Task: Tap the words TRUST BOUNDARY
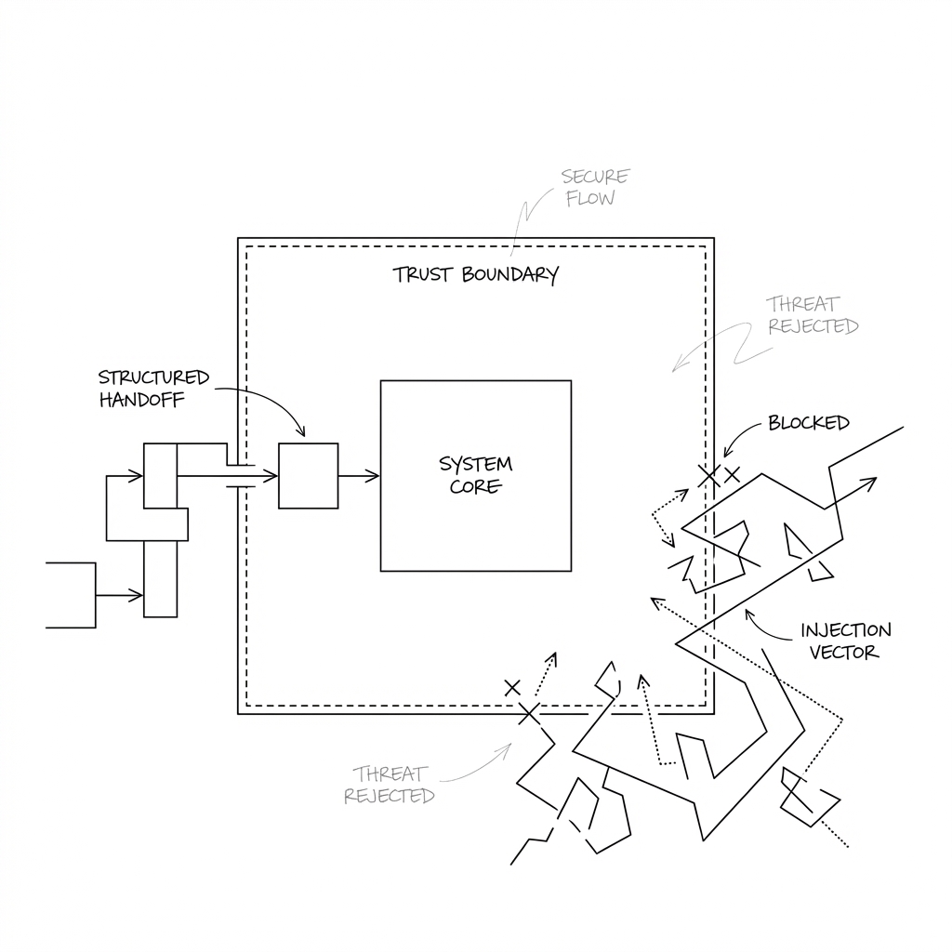pos(475,275)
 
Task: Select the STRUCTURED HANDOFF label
pos(154,390)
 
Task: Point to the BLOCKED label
pos(808,423)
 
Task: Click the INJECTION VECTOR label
pos(845,641)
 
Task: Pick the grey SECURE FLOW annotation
pos(594,187)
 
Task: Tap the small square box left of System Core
pos(309,476)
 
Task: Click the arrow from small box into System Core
pos(359,476)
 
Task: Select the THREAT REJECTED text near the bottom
pos(389,785)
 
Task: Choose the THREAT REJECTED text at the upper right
pos(812,315)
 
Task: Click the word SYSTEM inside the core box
pos(475,464)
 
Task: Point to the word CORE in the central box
pos(475,486)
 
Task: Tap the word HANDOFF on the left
pos(141,401)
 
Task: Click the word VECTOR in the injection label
pos(843,653)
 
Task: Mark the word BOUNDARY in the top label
pos(510,275)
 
